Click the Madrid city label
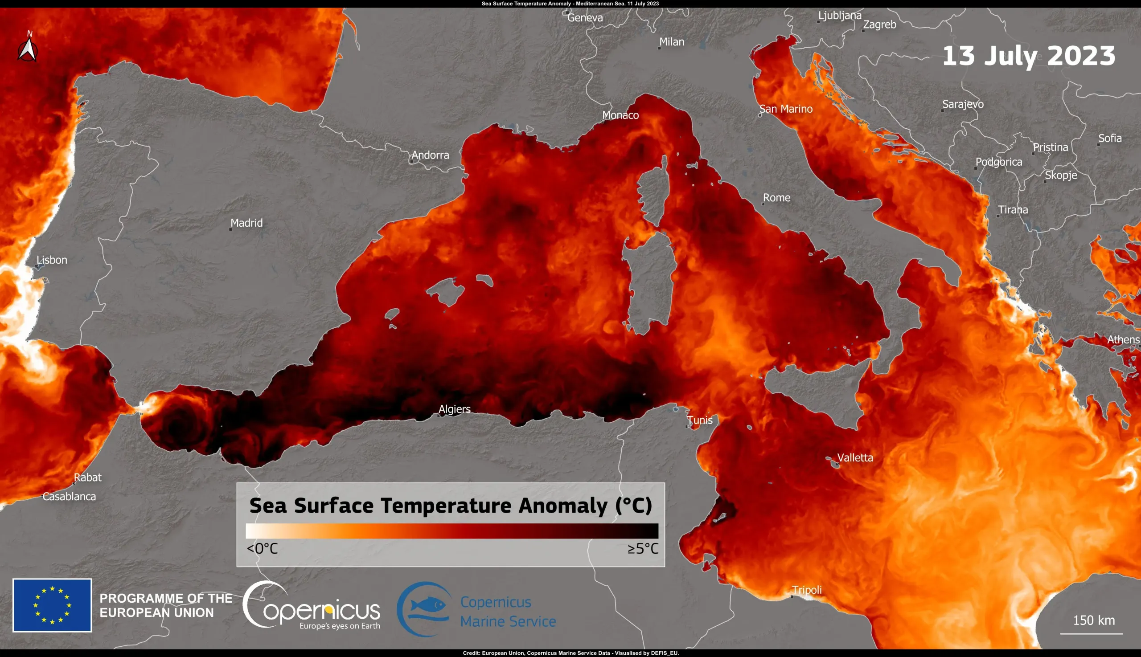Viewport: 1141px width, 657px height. pos(246,223)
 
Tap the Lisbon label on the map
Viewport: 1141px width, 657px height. pos(52,260)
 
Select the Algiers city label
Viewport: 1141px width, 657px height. pos(455,409)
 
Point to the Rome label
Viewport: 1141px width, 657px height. pos(776,198)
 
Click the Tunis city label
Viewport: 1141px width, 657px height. pos(700,420)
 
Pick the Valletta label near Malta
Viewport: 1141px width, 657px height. pos(855,457)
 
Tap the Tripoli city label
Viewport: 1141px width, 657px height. pos(807,590)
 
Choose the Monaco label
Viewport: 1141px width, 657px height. pos(620,115)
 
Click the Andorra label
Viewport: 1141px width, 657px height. pos(430,155)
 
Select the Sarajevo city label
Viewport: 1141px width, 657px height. pos(963,104)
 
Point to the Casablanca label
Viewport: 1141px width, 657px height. pos(69,496)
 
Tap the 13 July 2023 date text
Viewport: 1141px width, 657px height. pos(1029,56)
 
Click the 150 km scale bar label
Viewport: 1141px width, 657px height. pos(1094,620)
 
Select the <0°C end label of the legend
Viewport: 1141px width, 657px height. pos(263,549)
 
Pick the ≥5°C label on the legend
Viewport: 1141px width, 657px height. pos(643,549)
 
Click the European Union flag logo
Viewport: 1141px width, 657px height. pos(53,605)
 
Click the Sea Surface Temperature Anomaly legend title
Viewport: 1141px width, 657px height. pos(451,506)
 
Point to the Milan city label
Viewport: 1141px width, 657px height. pos(671,42)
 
